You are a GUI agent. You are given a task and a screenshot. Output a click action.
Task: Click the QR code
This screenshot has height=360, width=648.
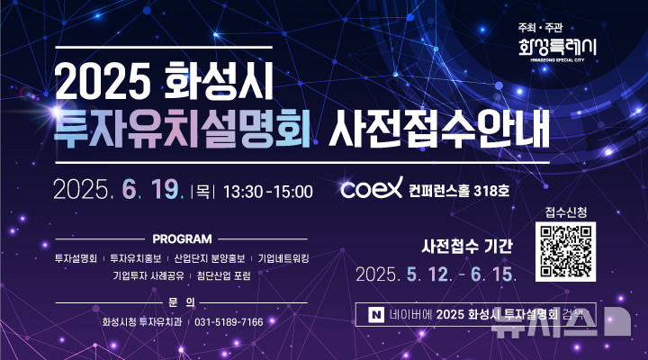click(564, 251)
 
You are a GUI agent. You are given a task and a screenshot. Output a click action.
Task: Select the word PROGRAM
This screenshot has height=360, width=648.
click(182, 239)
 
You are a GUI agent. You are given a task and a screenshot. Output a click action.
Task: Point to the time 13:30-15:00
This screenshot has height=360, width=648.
click(267, 191)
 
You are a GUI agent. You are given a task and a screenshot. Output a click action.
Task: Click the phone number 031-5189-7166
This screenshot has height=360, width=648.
click(229, 321)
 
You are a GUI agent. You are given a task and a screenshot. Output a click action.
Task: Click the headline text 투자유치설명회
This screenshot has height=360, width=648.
click(183, 130)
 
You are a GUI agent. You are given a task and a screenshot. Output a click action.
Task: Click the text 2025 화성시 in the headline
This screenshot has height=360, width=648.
click(164, 84)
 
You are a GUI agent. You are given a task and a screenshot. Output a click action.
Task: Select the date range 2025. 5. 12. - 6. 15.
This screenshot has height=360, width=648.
click(436, 273)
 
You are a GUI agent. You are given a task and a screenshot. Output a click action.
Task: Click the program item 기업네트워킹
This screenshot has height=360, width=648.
click(283, 257)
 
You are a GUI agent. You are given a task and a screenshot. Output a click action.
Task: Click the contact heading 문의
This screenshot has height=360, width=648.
click(182, 301)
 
